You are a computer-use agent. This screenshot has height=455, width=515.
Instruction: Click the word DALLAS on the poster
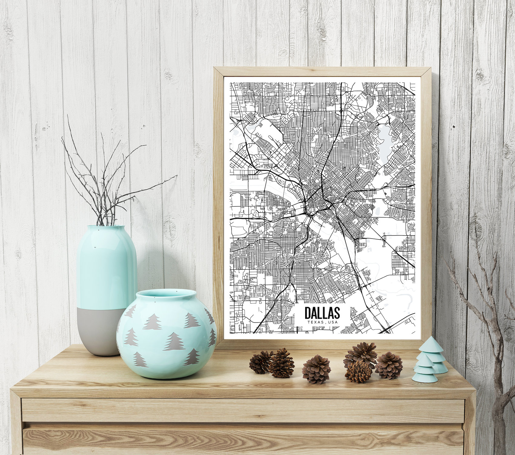pyautogui.click(x=322, y=313)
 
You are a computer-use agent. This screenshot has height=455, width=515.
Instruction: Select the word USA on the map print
pyautogui.click(x=333, y=322)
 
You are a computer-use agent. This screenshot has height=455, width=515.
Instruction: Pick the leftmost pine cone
pyautogui.click(x=260, y=362)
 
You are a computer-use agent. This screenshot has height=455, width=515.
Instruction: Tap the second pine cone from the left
pyautogui.click(x=282, y=363)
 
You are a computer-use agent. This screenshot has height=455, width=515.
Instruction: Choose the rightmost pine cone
pyautogui.click(x=389, y=365)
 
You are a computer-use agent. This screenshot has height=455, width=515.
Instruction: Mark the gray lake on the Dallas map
pyautogui.click(x=384, y=138)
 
